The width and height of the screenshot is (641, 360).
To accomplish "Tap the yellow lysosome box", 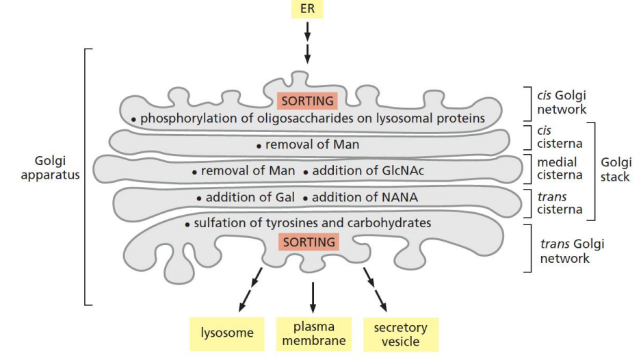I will (x=226, y=333).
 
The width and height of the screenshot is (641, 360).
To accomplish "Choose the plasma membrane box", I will (x=314, y=333).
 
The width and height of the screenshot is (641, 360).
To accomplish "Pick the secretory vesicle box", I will (x=400, y=333).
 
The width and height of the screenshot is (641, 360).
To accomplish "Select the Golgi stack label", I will (x=616, y=168).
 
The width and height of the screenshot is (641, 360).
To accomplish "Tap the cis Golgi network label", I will (x=562, y=103).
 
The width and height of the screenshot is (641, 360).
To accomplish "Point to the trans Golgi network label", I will (x=572, y=251).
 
